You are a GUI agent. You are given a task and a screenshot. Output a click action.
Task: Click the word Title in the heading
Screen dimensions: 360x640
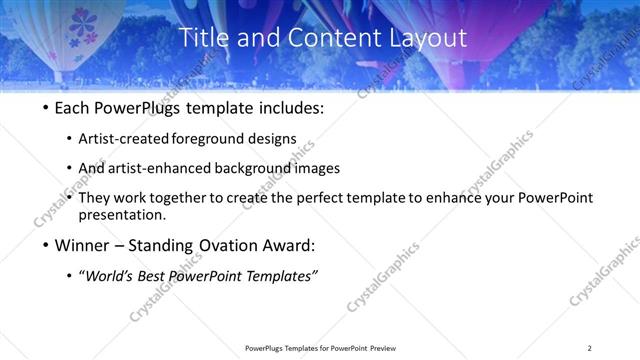(203, 38)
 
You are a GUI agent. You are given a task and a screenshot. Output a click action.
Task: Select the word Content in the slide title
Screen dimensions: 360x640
(324, 38)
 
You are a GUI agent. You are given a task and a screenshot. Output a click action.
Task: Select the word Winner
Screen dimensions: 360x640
(82, 245)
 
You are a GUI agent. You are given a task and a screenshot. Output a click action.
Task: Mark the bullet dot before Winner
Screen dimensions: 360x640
(44, 246)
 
